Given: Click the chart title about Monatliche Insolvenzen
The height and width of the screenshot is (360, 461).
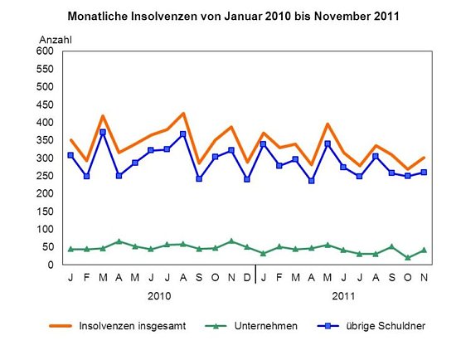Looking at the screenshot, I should tap(235, 15).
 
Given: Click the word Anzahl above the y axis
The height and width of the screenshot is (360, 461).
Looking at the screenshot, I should tap(56, 39).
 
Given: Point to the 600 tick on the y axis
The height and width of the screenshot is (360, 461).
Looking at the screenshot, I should tap(44, 51).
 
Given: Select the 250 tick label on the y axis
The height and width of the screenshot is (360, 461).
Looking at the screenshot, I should tap(44, 193).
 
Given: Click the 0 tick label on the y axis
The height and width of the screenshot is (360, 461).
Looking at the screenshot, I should tap(51, 265).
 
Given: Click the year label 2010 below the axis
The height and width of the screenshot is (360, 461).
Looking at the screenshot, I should tap(159, 296).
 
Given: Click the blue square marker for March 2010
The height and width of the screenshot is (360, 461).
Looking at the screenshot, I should tap(103, 132).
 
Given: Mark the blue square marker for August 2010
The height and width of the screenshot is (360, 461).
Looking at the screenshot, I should tap(183, 134).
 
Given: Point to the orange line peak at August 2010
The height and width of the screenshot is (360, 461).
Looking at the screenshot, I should tap(183, 113).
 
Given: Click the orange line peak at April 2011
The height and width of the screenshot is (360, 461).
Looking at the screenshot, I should tap(328, 124).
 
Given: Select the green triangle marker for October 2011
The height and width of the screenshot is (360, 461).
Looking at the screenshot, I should tap(408, 258).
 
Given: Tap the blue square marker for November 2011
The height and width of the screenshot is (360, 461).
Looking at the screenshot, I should tap(424, 173).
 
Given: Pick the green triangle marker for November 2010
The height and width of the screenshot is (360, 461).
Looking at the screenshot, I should tap(231, 241).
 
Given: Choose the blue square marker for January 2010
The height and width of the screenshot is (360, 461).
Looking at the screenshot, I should tap(70, 155).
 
